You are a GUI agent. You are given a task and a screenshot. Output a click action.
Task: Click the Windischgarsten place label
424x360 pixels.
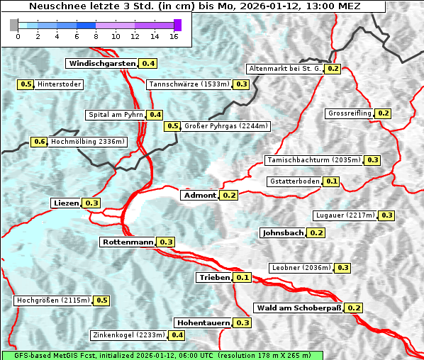[101, 64]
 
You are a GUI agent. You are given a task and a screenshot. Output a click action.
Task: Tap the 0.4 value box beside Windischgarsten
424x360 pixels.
[148, 64]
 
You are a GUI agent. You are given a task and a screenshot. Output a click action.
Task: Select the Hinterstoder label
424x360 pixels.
[60, 84]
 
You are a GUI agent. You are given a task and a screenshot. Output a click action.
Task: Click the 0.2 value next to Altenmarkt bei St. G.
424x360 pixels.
[333, 69]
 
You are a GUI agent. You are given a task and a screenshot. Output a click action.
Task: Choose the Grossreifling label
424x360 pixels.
[350, 113]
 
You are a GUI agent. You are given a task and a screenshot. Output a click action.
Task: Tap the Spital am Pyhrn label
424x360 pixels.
[116, 115]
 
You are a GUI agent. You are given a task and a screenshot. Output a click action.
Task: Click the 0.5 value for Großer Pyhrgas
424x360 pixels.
[172, 126]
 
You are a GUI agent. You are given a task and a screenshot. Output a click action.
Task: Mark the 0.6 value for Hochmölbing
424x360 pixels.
[40, 142]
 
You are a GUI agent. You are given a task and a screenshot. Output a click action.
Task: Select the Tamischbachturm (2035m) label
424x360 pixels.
[313, 160]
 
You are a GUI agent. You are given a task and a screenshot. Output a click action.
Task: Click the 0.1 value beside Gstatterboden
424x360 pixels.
[331, 181]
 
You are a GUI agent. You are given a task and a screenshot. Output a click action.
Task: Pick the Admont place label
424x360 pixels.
[200, 195]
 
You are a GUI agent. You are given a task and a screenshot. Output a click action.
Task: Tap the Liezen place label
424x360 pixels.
[67, 203]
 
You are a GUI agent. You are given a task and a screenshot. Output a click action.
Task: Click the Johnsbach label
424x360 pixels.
[283, 232]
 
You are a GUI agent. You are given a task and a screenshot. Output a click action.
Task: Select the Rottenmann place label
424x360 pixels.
[128, 242]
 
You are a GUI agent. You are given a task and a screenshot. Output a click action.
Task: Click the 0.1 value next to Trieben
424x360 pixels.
[242, 277]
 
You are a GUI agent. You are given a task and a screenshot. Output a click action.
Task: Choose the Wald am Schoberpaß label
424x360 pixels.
[299, 308]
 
